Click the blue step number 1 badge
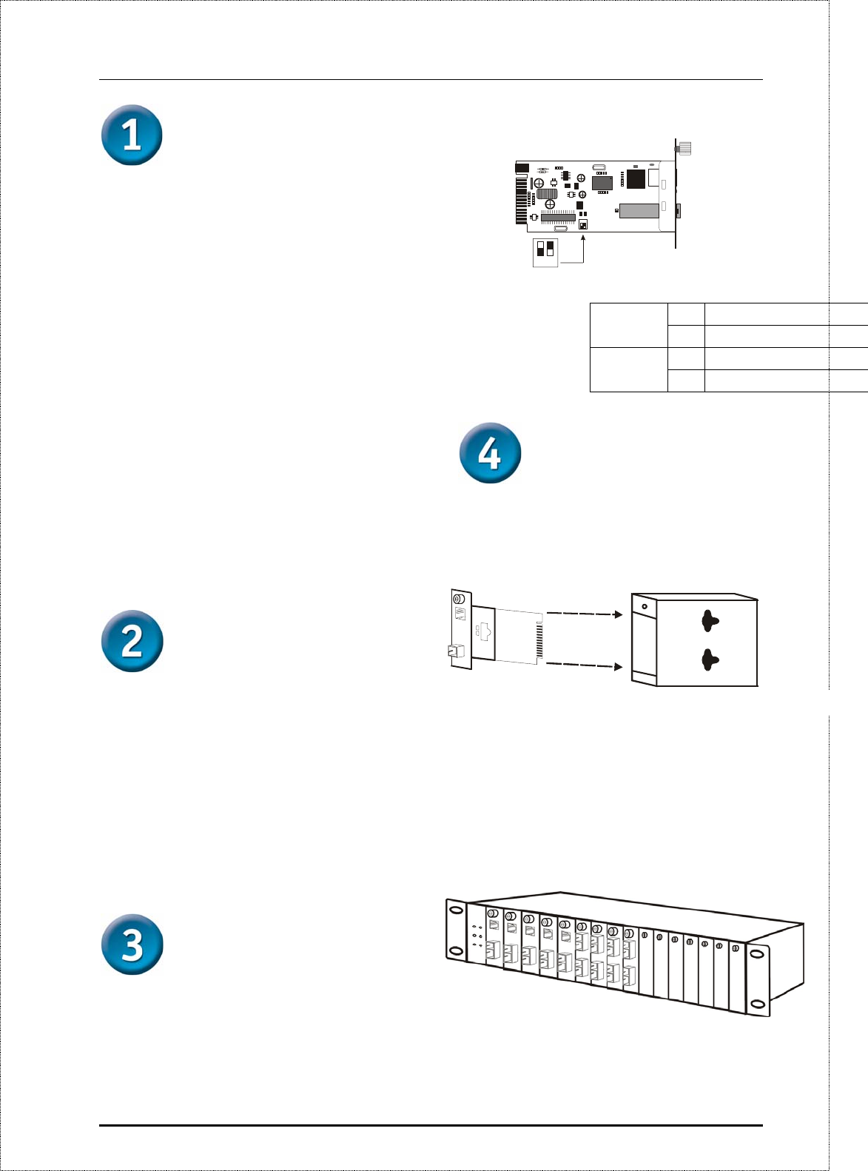132,135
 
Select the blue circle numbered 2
132,641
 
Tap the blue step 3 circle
132,944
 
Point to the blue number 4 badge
490,453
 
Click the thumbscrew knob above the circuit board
684,149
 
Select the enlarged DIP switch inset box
545,252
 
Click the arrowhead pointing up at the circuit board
584,239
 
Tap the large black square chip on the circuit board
636,178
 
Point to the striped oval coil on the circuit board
547,193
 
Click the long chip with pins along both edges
557,217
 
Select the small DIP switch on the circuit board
583,224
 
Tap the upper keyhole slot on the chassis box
710,621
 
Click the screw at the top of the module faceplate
458,598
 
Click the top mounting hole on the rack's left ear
456,910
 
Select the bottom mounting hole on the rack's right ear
757,1004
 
